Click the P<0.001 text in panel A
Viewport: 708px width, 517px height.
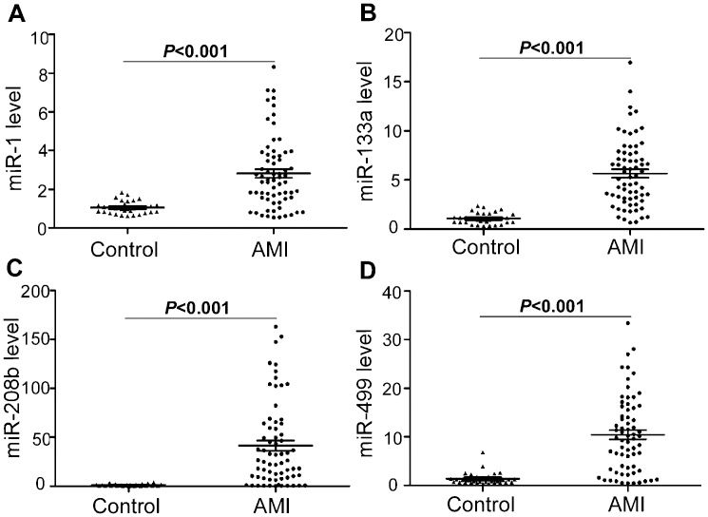197,50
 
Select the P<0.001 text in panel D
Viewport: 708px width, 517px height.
555,304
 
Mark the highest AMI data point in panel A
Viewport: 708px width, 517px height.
273,67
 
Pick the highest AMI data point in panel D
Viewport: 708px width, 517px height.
628,323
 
